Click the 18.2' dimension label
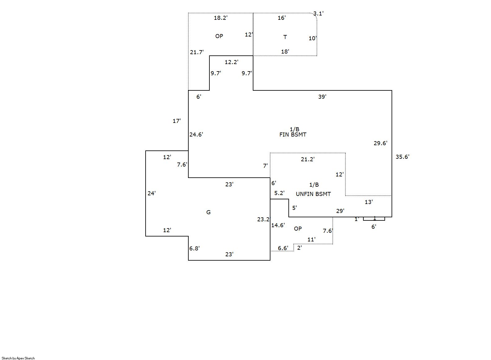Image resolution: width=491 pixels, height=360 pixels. tap(221, 18)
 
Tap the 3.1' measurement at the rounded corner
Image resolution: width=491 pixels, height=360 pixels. tap(318, 14)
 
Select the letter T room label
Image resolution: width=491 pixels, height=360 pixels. tap(285, 37)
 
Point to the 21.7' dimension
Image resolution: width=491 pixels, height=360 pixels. tap(197, 52)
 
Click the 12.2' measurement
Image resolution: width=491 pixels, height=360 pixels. tap(231, 62)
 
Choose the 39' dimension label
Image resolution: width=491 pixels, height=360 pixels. tap(322, 97)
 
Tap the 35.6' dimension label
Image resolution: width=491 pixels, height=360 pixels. tap(402, 157)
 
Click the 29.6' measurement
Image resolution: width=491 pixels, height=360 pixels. tap(380, 143)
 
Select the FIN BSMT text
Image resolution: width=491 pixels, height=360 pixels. tap(293, 135)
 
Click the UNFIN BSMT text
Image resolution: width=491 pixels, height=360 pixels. tap(313, 194)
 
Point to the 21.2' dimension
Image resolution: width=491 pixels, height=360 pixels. tap(308, 159)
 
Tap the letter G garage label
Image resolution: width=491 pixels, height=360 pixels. tap(208, 212)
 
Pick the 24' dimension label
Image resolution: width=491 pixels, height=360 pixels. tap(151, 193)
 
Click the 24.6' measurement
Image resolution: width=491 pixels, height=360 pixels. tap(196, 135)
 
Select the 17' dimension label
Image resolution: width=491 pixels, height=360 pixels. tap(177, 121)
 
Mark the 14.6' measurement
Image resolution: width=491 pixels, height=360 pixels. tap(278, 225)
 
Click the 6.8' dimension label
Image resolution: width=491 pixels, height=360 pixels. tap(195, 248)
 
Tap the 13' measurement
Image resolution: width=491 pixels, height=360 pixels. tap(369, 202)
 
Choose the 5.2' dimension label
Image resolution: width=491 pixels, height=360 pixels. tap(279, 193)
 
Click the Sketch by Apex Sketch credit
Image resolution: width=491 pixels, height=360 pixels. tap(18, 358)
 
